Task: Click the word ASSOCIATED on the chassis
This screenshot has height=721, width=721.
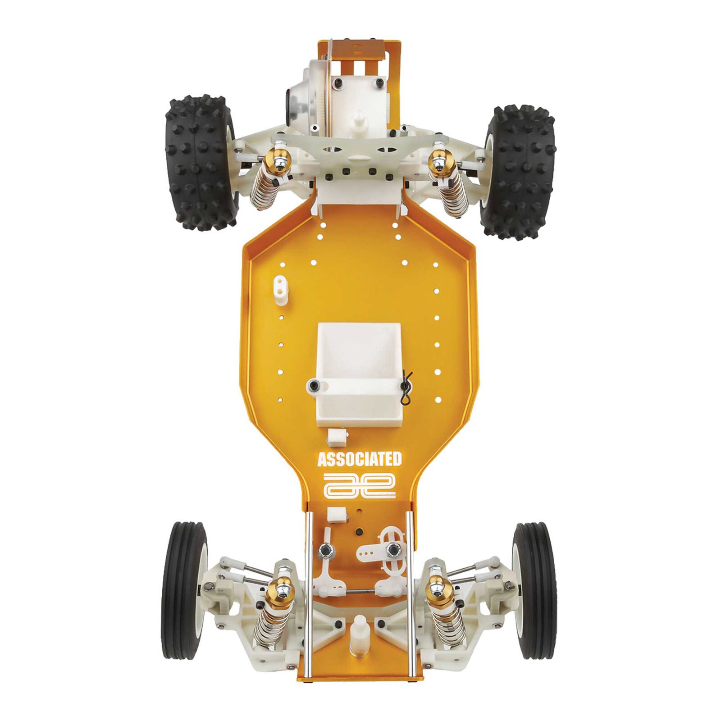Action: pyautogui.click(x=359, y=460)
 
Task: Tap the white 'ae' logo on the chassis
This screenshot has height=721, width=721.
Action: pyautogui.click(x=360, y=485)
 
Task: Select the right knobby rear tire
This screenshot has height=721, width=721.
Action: pyautogui.click(x=518, y=172)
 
